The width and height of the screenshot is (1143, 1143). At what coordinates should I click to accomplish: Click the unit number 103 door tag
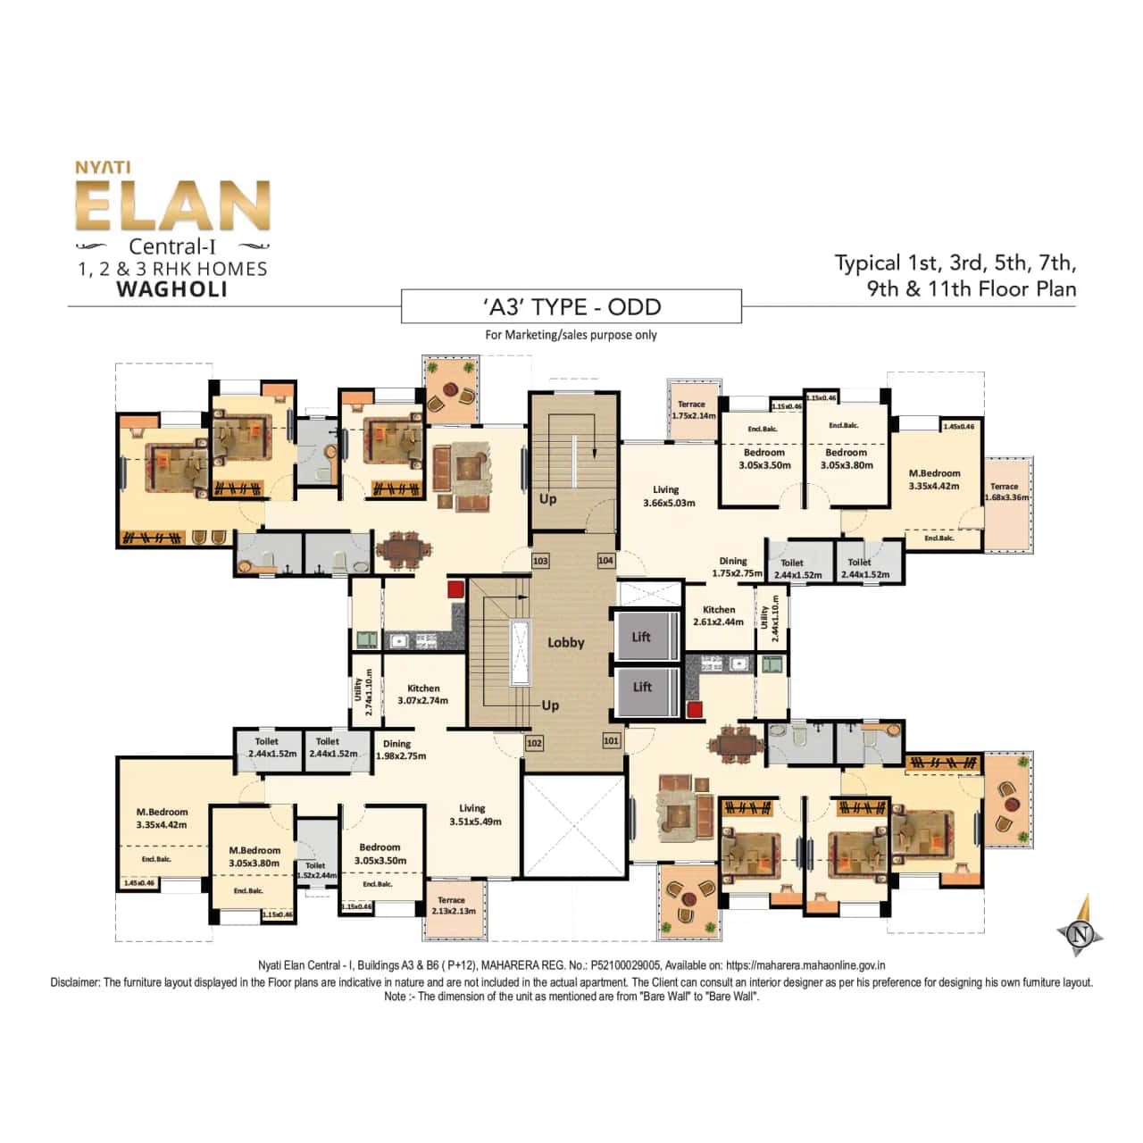[x=540, y=561]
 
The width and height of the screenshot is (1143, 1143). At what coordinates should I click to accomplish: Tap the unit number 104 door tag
[x=605, y=560]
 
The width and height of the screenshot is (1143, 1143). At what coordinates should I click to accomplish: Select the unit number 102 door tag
[x=534, y=742]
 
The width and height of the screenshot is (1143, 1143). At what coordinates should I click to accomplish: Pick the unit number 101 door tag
[x=611, y=740]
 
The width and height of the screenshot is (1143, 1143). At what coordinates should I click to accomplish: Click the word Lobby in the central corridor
[x=565, y=642]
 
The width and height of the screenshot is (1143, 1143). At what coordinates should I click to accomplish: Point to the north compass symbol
[x=1081, y=933]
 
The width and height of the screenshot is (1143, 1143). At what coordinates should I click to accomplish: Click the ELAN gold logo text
[x=172, y=206]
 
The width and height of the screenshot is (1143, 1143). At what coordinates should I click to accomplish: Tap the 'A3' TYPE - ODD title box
[x=571, y=307]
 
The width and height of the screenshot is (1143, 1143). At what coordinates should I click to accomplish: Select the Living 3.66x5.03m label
[x=669, y=496]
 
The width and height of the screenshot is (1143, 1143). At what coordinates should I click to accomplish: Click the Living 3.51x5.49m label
[x=474, y=814]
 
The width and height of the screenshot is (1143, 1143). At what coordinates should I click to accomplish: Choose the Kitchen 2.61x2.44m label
[x=718, y=615]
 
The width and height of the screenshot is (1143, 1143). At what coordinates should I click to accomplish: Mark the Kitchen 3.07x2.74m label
[x=423, y=694]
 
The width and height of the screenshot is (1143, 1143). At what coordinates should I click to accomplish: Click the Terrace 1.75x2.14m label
[x=692, y=410]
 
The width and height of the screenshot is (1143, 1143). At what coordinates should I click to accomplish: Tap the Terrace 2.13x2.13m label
[x=453, y=905]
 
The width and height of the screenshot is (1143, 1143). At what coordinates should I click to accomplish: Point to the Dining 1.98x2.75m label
[x=400, y=749]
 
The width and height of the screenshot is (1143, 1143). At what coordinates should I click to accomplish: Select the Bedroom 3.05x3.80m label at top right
[x=847, y=458]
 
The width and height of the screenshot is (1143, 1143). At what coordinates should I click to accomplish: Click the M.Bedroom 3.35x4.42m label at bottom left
[x=162, y=818]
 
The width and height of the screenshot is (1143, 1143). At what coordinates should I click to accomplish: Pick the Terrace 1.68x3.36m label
[x=1005, y=492]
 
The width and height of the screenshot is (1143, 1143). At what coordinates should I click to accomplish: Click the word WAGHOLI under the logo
[x=172, y=289]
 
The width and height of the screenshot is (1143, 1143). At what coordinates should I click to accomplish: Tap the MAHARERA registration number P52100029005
[x=626, y=965]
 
